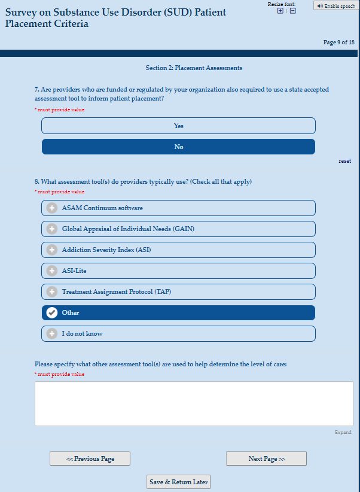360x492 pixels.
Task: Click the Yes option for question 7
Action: click(x=178, y=126)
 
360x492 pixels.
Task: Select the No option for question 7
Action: click(x=178, y=147)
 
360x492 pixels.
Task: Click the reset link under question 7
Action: click(x=344, y=161)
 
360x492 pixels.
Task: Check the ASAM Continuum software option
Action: click(x=178, y=208)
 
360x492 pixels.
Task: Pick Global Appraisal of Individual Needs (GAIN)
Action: click(x=178, y=229)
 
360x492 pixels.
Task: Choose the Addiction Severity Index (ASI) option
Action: click(x=178, y=250)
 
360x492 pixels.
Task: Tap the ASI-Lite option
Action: click(x=178, y=271)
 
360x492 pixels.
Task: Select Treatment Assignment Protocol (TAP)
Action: click(x=178, y=291)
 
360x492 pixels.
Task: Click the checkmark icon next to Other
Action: click(x=52, y=312)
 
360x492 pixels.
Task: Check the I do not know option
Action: click(x=178, y=333)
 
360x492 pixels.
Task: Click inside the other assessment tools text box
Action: click(x=194, y=403)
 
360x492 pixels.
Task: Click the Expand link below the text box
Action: click(x=343, y=432)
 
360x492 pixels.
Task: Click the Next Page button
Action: click(x=266, y=458)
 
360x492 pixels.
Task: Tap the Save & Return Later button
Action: click(x=178, y=482)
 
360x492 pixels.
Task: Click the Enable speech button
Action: click(x=336, y=6)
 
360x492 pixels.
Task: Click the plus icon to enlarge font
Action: click(x=280, y=11)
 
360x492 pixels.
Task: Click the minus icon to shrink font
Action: click(x=292, y=11)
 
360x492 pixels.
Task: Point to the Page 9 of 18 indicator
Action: click(x=338, y=42)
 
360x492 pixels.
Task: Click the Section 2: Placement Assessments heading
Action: click(x=194, y=68)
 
